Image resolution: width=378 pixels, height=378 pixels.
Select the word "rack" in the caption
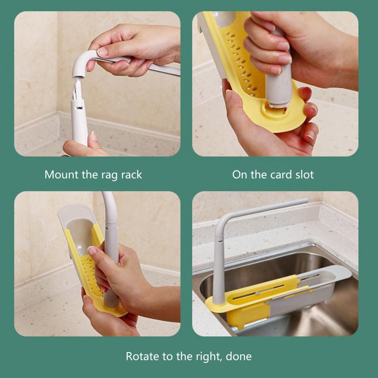131,174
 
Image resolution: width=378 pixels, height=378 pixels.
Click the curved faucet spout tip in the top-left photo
79,74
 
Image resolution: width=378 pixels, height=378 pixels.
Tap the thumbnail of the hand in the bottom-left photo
92,250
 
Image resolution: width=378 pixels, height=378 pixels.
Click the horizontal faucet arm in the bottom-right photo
265,209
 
